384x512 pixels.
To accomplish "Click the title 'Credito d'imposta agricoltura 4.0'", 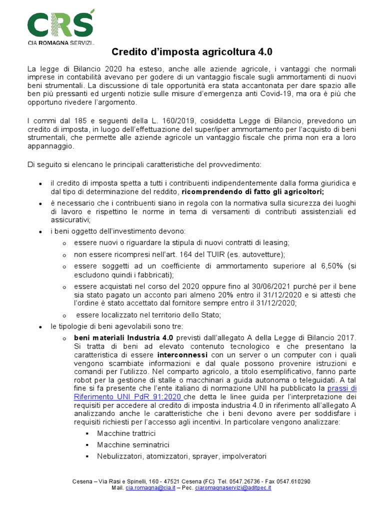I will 192,51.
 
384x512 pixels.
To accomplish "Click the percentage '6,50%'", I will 325,266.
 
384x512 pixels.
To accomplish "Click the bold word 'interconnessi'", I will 155,355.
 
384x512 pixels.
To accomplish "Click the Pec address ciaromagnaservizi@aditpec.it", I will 233,487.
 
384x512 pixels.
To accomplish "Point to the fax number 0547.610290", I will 291,481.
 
